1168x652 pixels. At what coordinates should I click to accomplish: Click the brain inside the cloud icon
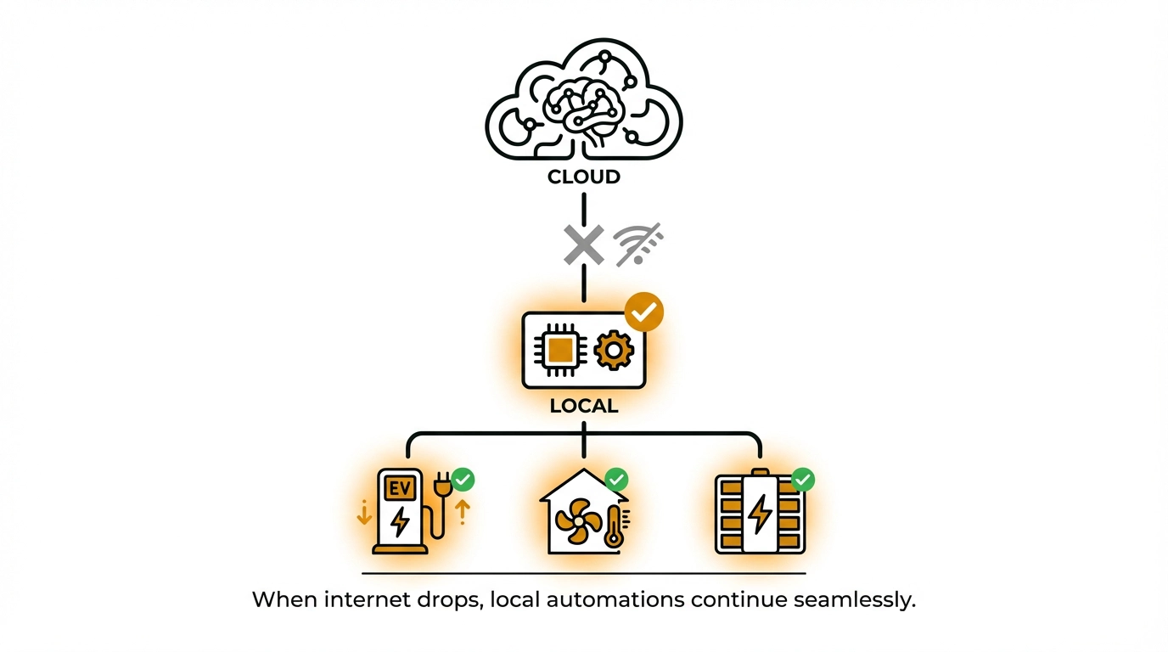tap(585, 103)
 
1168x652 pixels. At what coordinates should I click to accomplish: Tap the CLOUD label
tap(583, 177)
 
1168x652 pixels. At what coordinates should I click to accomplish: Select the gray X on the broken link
tap(584, 244)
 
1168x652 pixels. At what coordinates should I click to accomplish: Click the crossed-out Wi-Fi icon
tap(638, 244)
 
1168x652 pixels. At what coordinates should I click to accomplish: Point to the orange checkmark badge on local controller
tap(644, 313)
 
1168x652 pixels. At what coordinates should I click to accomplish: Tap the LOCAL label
tap(583, 406)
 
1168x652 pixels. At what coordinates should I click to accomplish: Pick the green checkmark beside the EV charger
tap(463, 480)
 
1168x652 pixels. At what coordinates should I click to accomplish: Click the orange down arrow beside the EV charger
tap(364, 512)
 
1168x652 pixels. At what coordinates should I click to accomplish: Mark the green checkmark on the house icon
tap(615, 480)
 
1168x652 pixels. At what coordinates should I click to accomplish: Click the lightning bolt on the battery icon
tap(760, 514)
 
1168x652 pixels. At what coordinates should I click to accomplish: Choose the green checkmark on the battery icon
tap(802, 480)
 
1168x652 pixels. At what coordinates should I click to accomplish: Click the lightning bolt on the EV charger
tap(399, 520)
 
